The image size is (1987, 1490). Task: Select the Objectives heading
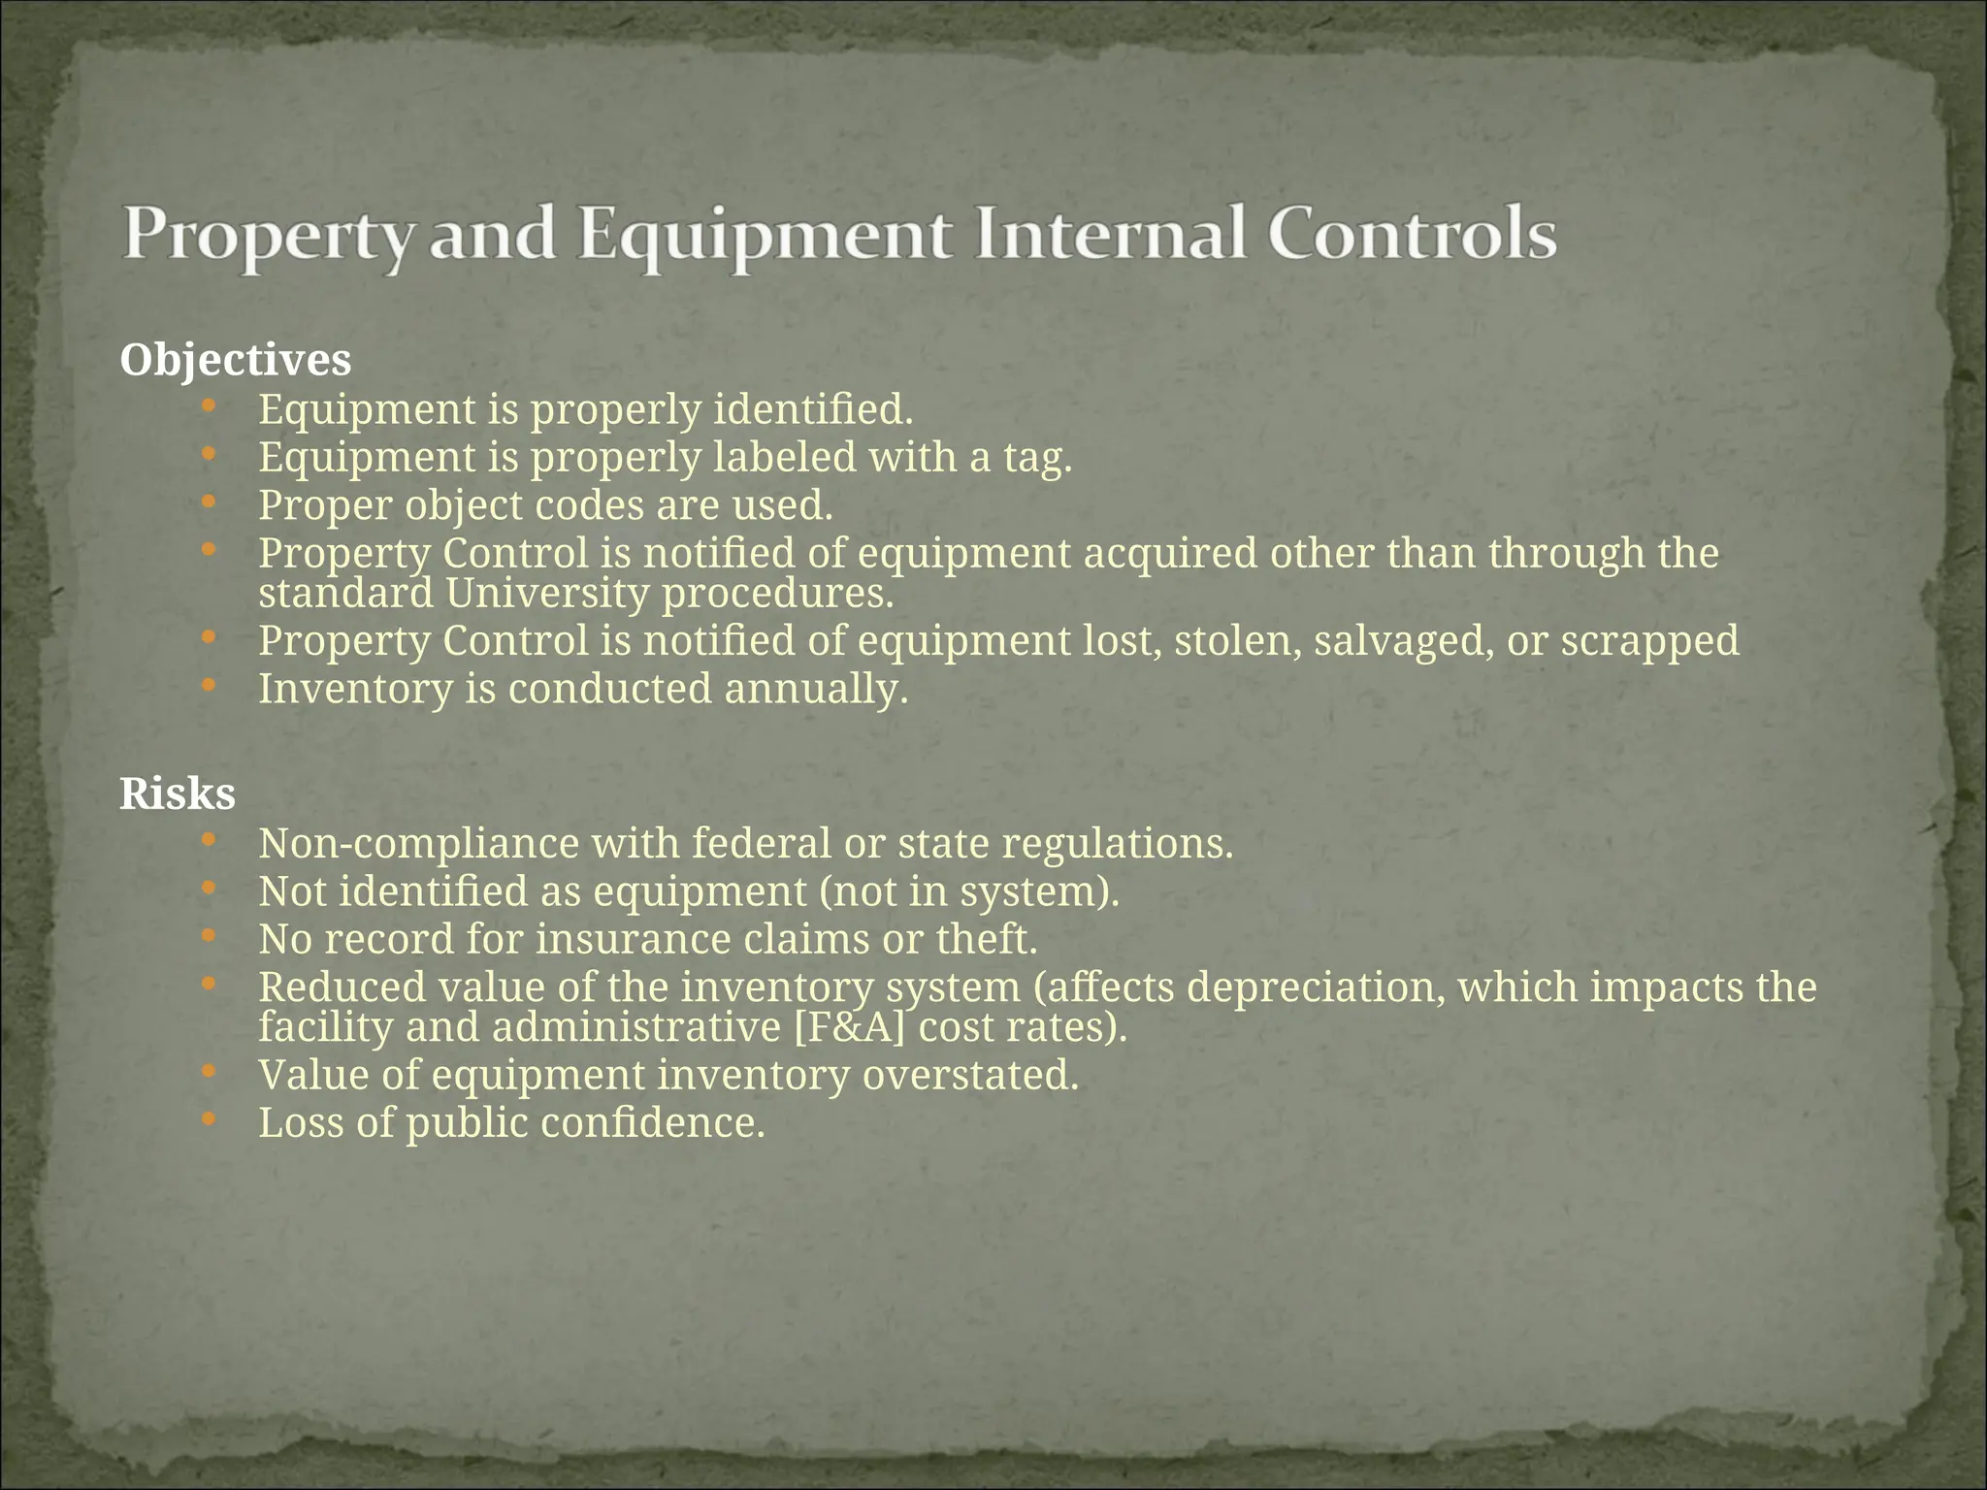(235, 361)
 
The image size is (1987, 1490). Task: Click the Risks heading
(178, 794)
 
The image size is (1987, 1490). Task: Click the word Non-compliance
(419, 843)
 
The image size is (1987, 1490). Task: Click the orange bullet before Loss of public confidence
(209, 1119)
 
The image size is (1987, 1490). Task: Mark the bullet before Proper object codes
(209, 502)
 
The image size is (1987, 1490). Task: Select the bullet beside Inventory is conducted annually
(209, 686)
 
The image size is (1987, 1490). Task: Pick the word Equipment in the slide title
(765, 236)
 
